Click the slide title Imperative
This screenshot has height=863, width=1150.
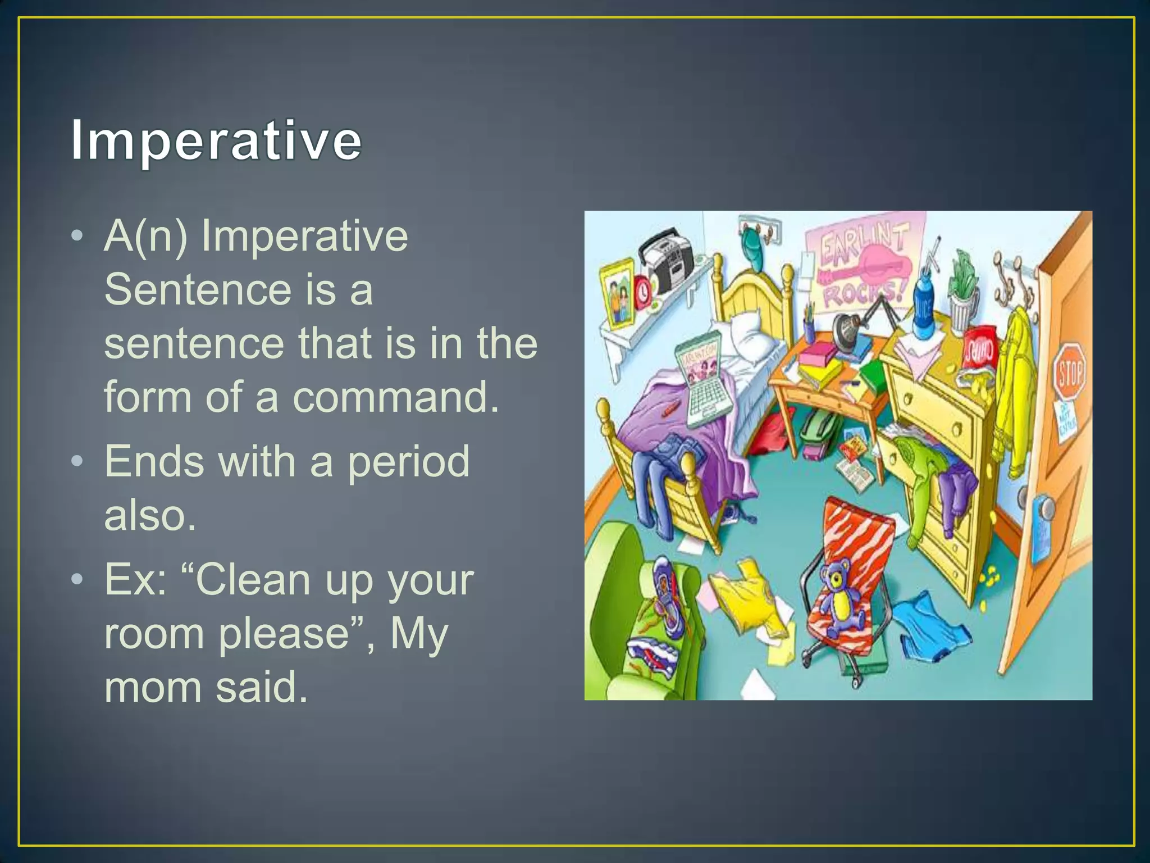(216, 140)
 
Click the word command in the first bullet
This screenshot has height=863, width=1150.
(395, 397)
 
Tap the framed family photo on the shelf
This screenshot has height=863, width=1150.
(618, 294)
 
